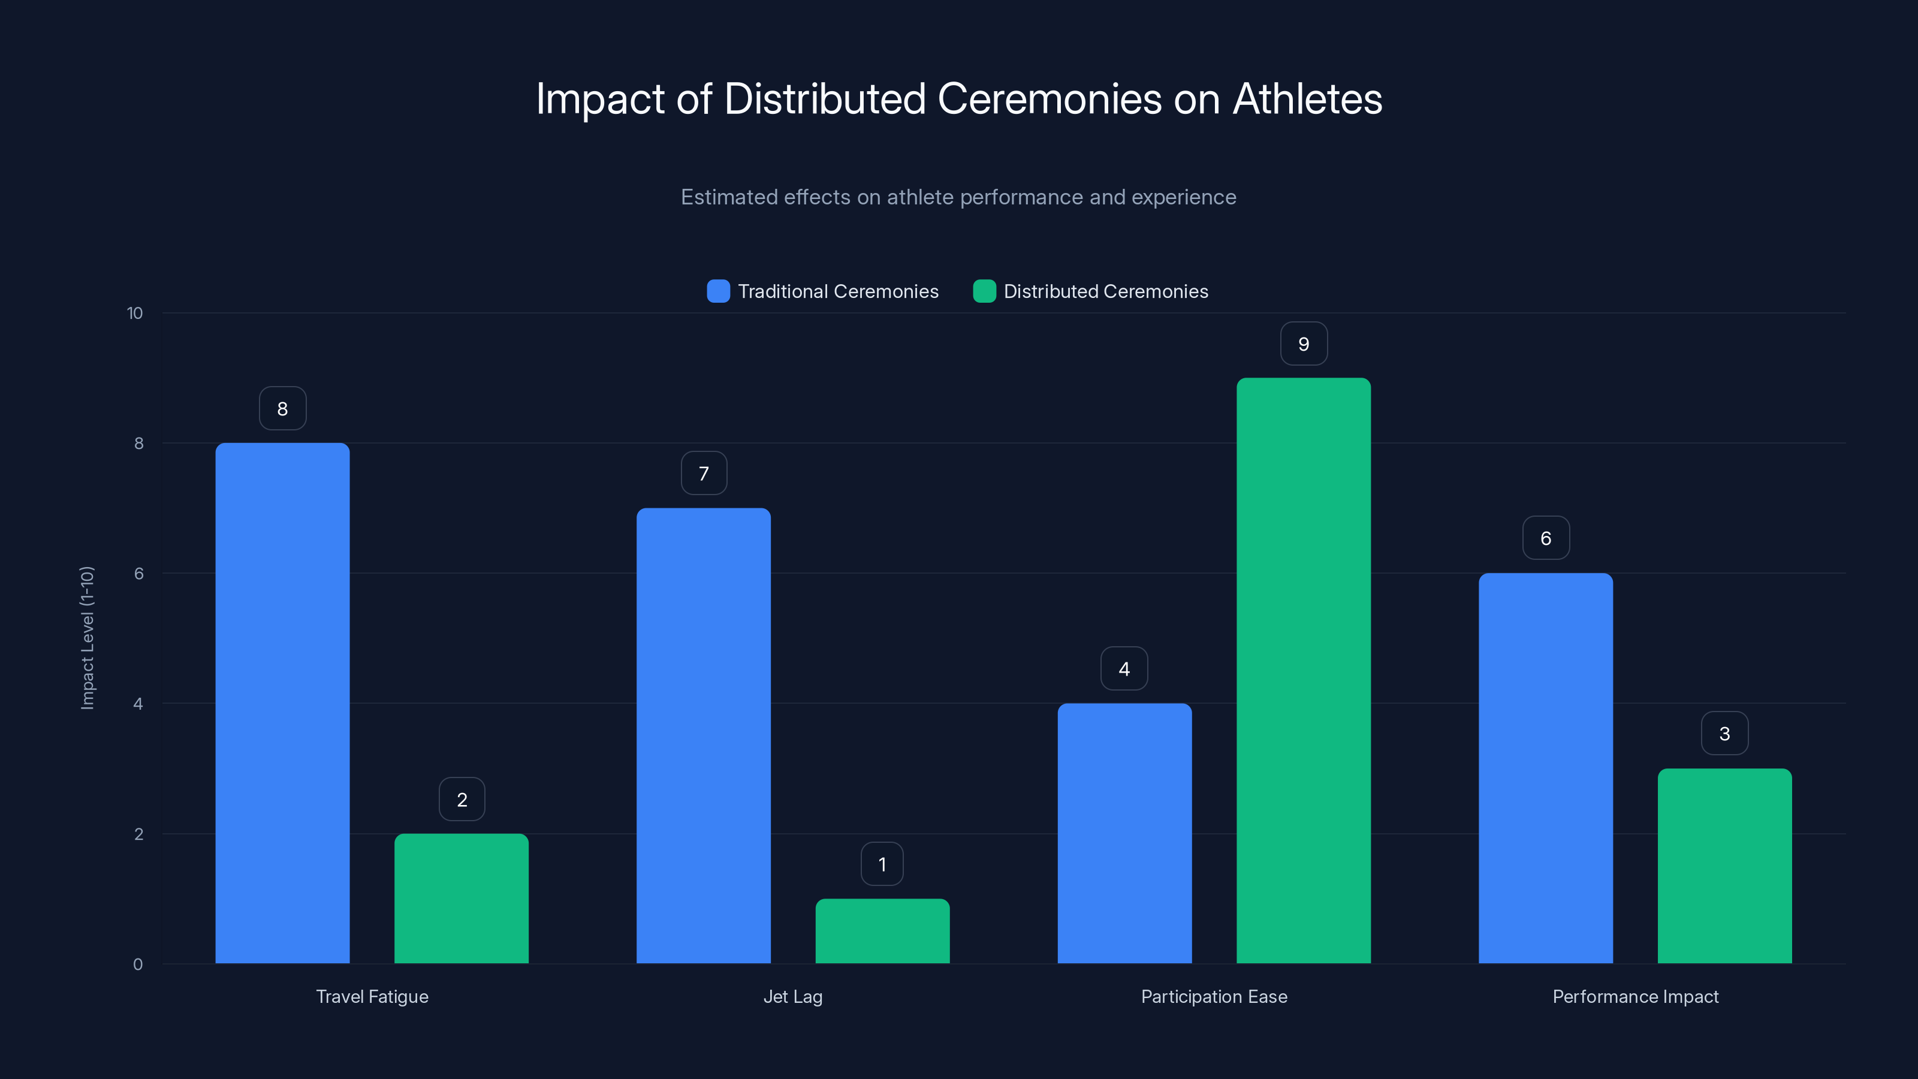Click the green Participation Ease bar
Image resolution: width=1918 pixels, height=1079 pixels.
[1303, 670]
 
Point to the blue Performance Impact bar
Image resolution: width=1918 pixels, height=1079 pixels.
[1545, 768]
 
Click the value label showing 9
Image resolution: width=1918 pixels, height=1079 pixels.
[1303, 344]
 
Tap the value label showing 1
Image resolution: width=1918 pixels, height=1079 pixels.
[882, 864]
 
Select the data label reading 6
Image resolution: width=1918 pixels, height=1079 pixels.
[1546, 538]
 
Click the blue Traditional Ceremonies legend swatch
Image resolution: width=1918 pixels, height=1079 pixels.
[718, 291]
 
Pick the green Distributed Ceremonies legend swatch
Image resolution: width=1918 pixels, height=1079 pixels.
[984, 291]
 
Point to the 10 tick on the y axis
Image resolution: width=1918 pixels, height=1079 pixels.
[135, 314]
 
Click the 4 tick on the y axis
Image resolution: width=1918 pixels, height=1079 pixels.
[138, 704]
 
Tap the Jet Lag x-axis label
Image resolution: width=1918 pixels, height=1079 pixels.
[792, 996]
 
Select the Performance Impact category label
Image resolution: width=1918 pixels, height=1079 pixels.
[1635, 996]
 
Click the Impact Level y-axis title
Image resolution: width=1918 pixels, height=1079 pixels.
[87, 638]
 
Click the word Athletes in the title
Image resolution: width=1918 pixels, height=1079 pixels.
[1307, 99]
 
